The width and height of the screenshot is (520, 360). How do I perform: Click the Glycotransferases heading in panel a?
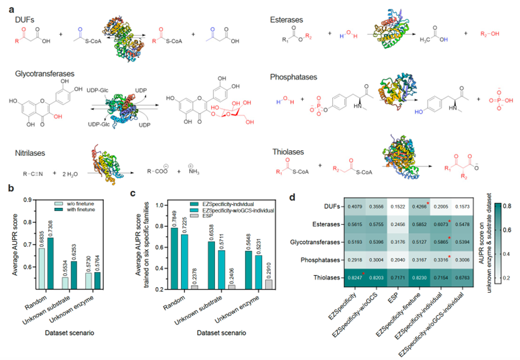click(43, 74)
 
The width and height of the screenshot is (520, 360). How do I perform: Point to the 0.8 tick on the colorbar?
click(507, 205)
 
